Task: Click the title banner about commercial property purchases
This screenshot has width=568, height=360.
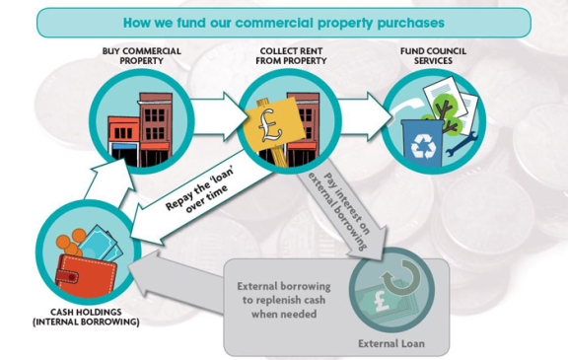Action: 284,21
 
